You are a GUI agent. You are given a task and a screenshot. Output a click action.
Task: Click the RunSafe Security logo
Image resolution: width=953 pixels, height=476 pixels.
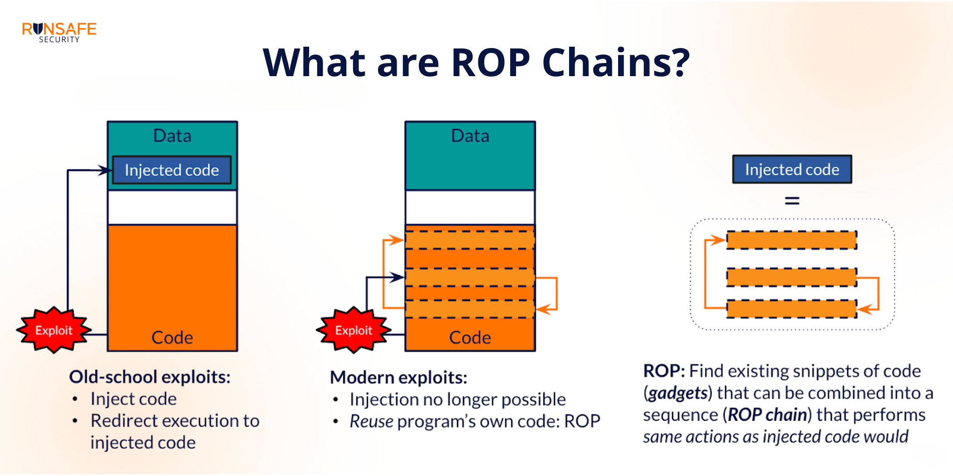point(59,32)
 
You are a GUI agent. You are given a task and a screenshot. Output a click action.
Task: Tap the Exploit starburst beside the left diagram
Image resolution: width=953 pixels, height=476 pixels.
point(54,330)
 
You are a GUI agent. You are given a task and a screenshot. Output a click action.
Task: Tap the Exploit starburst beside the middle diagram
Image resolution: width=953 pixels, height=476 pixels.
point(354,330)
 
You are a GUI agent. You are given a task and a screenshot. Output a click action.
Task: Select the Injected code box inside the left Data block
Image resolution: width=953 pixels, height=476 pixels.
point(172,170)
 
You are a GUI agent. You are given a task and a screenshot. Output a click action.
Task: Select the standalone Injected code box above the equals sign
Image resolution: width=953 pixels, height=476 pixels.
point(792,169)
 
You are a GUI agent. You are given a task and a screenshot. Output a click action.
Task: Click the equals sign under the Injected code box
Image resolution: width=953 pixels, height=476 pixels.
point(792,200)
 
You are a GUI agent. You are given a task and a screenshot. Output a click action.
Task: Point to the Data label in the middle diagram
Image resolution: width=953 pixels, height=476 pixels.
point(470,136)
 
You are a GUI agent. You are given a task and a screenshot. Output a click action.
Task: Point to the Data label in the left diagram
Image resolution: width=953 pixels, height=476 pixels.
point(172,136)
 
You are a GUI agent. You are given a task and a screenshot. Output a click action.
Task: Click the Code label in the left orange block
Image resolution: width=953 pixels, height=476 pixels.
point(172,338)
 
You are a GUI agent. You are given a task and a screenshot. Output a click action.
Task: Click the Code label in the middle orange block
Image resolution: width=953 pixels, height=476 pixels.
point(470,338)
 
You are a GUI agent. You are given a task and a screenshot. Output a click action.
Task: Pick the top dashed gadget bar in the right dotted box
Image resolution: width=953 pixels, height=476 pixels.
point(791,240)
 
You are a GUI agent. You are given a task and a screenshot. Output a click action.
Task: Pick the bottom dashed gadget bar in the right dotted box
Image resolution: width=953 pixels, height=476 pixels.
point(791,309)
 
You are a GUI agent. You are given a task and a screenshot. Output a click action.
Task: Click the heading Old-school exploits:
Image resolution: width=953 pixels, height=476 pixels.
point(150,377)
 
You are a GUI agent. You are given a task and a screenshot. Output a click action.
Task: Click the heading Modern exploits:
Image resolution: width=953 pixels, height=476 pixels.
point(398,378)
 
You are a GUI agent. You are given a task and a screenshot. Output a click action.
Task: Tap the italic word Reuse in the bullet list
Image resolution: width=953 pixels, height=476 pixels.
point(371,422)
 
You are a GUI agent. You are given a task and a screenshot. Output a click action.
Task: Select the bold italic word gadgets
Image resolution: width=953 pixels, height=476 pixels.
point(678,393)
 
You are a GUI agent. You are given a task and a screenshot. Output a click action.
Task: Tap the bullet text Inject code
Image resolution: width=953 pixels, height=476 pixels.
point(133,399)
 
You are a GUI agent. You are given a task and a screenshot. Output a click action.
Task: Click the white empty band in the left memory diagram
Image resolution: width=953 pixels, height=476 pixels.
point(172,208)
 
